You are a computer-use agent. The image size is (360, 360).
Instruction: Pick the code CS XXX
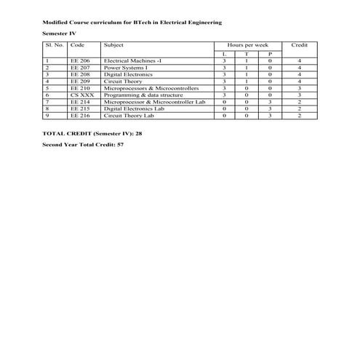point(81,95)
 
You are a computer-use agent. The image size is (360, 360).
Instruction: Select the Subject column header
point(114,45)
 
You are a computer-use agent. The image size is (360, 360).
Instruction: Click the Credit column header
point(299,45)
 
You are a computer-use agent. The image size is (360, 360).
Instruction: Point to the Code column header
point(77,45)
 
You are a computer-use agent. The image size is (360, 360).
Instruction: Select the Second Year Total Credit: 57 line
point(84,146)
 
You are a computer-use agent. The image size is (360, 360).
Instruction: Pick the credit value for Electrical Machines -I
point(299,61)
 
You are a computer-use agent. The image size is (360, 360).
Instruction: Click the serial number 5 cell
point(47,88)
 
